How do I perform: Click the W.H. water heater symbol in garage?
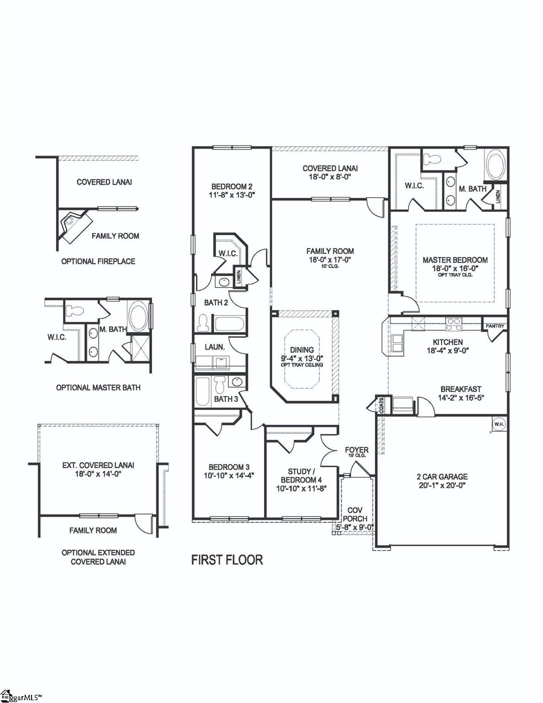(x=499, y=424)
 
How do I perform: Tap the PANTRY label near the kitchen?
(x=495, y=326)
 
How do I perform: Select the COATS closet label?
(x=381, y=405)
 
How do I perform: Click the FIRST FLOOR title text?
(x=227, y=560)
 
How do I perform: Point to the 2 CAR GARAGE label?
(x=442, y=476)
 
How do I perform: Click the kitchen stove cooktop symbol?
(x=454, y=324)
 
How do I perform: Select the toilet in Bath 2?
(x=203, y=323)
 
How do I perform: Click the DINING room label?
(x=302, y=350)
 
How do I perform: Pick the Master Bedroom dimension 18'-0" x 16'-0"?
(x=455, y=269)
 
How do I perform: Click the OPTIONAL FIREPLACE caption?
(x=98, y=261)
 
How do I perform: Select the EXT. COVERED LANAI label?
(x=98, y=465)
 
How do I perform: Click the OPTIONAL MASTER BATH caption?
(x=98, y=388)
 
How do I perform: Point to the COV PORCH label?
(x=355, y=514)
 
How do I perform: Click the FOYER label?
(x=357, y=450)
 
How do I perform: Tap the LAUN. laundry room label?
(x=214, y=347)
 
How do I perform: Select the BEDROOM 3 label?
(x=229, y=467)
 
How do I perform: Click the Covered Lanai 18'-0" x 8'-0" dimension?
(x=330, y=177)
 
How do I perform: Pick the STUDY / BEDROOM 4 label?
(x=301, y=476)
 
